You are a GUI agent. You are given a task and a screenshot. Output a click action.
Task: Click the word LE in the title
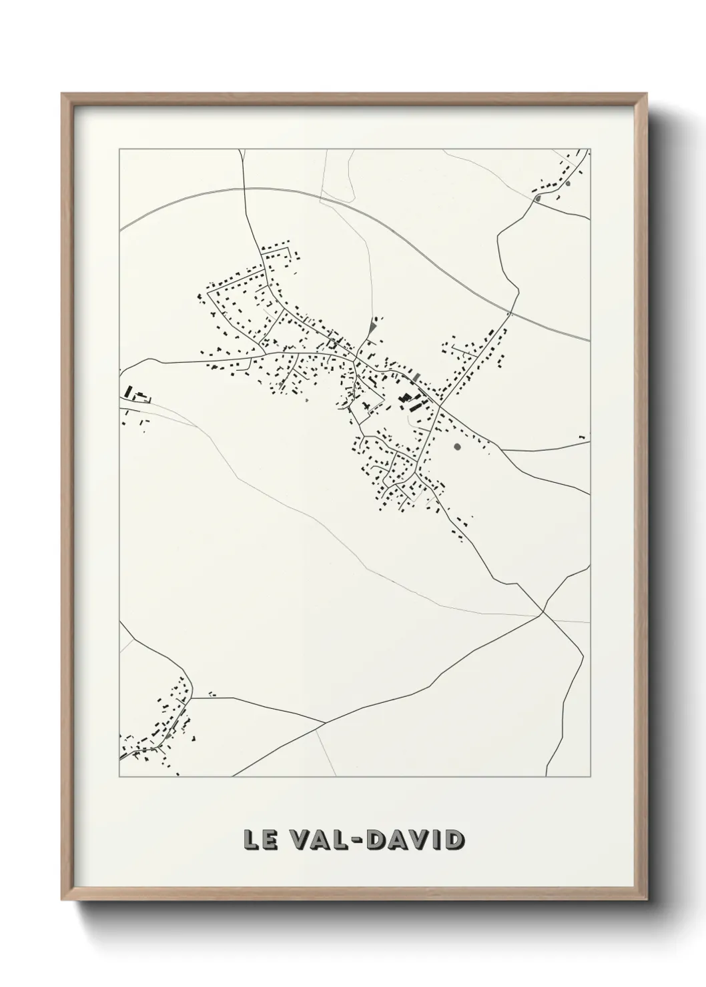click(257, 840)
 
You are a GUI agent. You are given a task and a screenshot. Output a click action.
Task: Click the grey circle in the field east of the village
click(456, 446)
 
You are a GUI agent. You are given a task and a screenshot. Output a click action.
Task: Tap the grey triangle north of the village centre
click(372, 328)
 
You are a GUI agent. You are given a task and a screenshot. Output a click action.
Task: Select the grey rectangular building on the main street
click(416, 378)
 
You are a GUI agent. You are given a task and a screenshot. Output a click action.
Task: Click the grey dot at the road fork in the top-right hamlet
click(537, 198)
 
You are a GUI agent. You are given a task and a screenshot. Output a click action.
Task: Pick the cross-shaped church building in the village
click(366, 406)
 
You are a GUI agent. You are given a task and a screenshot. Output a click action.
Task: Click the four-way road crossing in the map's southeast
click(543, 613)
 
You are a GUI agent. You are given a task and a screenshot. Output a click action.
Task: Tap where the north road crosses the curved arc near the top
click(244, 189)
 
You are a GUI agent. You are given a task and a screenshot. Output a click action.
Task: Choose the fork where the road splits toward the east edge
click(502, 450)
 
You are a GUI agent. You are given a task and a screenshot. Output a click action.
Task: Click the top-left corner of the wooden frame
click(62, 93)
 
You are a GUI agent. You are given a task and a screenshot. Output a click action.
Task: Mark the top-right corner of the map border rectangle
click(590, 149)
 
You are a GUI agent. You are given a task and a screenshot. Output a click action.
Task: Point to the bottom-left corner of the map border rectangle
click(119, 777)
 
